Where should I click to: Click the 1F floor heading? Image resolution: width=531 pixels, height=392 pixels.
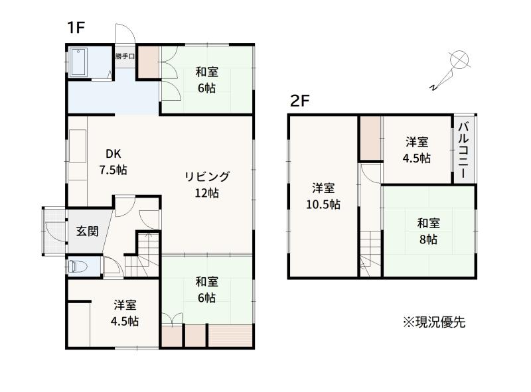coord(76,27)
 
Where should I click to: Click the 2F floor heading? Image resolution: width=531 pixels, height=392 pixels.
coord(300,101)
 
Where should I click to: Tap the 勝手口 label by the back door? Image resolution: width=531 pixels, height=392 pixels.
coord(125,56)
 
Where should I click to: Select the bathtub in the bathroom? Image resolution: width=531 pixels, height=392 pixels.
coord(79,62)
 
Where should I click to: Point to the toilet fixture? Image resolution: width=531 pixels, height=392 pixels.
coord(78,266)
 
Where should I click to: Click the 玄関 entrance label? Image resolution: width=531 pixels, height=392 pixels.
coord(87,231)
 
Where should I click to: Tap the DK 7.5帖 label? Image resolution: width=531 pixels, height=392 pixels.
coord(113,162)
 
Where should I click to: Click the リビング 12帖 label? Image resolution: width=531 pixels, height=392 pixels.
coord(207,184)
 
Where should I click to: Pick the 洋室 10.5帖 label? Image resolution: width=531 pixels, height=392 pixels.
coord(323,196)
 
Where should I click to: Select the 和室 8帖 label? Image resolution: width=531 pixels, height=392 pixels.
coord(428,231)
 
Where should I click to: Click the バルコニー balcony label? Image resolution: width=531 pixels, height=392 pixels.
coord(463,151)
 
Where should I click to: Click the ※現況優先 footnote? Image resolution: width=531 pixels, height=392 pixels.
coord(434,322)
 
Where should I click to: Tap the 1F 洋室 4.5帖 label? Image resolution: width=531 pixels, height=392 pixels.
coord(125,313)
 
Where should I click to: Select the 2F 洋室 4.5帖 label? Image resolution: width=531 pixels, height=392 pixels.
coord(417,150)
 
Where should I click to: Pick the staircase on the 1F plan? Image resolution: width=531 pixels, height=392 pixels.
coord(142,255)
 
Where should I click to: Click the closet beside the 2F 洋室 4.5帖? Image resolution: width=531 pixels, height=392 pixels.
coord(370,138)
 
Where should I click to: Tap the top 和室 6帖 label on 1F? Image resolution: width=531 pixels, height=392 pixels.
coord(206,80)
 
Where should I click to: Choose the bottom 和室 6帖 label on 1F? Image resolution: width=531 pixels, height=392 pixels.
coord(206,290)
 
